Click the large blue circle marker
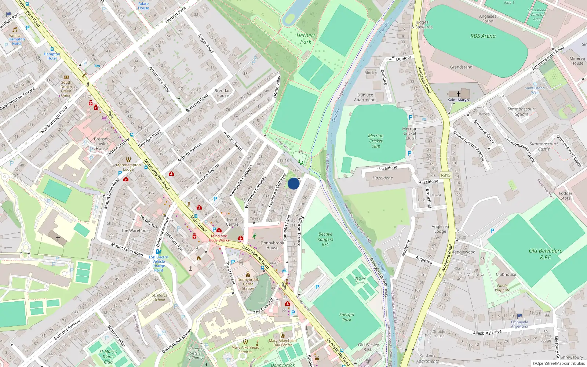pyautogui.click(x=293, y=183)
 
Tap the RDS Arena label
pyautogui.click(x=483, y=36)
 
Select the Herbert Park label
pyautogui.click(x=306, y=39)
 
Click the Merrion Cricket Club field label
pyautogui.click(x=376, y=141)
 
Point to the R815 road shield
pyautogui.click(x=445, y=175)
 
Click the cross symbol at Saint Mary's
pyautogui.click(x=458, y=94)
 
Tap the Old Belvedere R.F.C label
pyautogui.click(x=545, y=254)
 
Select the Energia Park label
pyautogui.click(x=347, y=317)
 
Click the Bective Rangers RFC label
pyautogui.click(x=325, y=239)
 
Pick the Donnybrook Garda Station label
pyautogui.click(x=248, y=284)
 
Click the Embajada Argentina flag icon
pyautogui.click(x=519, y=316)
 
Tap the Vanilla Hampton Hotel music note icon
pyautogui.click(x=15, y=30)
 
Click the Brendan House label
pyautogui.click(x=222, y=93)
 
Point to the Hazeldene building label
pyautogui.click(x=383, y=178)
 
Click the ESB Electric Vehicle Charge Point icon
pyautogui.click(x=158, y=252)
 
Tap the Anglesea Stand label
pyautogui.click(x=488, y=19)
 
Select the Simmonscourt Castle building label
pyautogui.click(x=544, y=146)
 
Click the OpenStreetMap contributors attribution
pyautogui.click(x=558, y=364)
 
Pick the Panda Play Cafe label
pyautogui.click(x=502, y=288)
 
